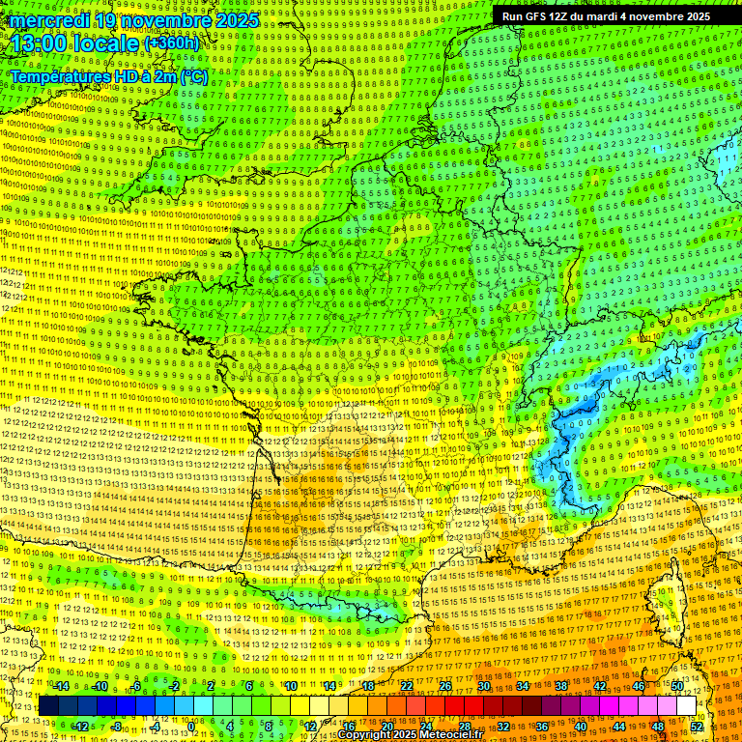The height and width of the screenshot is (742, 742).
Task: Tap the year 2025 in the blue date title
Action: click(x=233, y=20)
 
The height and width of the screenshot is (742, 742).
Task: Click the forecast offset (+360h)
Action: click(x=171, y=43)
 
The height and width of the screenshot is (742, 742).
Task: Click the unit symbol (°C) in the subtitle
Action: click(x=192, y=75)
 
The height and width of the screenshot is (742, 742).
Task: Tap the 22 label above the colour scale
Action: click(x=407, y=686)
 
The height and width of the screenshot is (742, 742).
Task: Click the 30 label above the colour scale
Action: click(x=484, y=686)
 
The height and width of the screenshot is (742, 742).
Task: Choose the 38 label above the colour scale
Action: click(x=561, y=686)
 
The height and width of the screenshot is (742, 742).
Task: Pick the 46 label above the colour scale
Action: click(x=639, y=686)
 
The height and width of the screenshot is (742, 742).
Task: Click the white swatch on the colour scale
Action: click(x=687, y=706)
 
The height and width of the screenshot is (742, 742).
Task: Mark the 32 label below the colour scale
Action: click(x=503, y=726)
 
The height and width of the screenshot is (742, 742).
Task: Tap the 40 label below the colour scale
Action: click(x=581, y=726)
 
